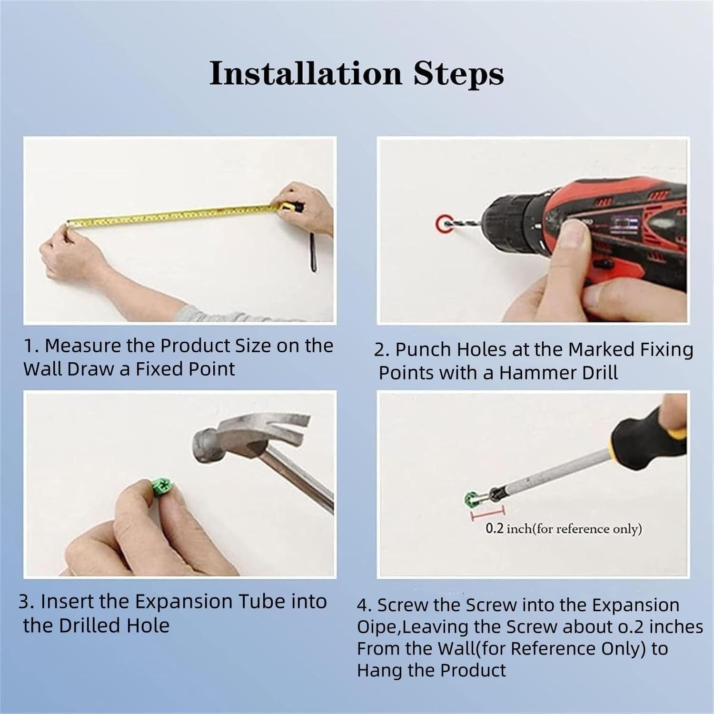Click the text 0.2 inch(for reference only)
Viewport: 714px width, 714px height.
pyautogui.click(x=564, y=529)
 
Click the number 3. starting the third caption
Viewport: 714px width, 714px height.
pyautogui.click(x=27, y=602)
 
